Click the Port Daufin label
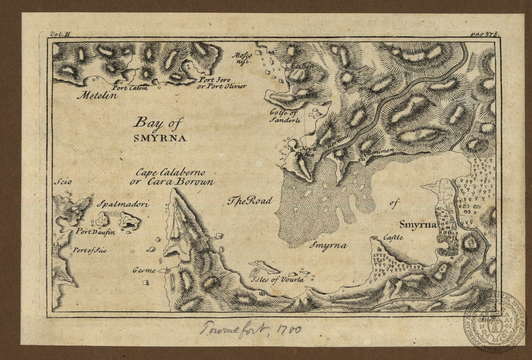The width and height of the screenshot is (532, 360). [x=95, y=232]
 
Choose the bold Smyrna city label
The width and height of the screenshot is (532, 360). [x=417, y=226]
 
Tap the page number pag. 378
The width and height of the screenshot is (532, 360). [x=484, y=34]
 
